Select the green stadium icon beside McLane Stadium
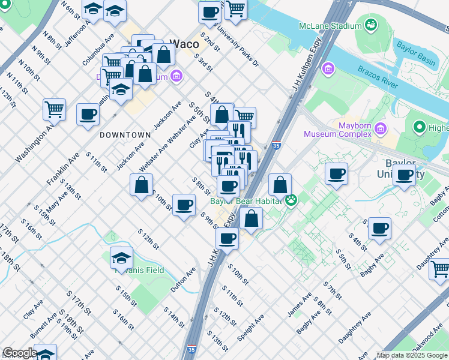coord(371,25)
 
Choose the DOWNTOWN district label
coord(125,135)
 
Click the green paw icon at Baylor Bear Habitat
coord(291,200)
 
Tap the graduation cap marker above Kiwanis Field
coord(121,257)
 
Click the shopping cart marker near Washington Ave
coord(54,110)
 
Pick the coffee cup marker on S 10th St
coord(184,205)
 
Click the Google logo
coord(20,353)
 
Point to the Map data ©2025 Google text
coord(412,355)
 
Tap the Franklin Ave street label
coord(63,168)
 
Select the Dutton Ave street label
coord(183,280)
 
